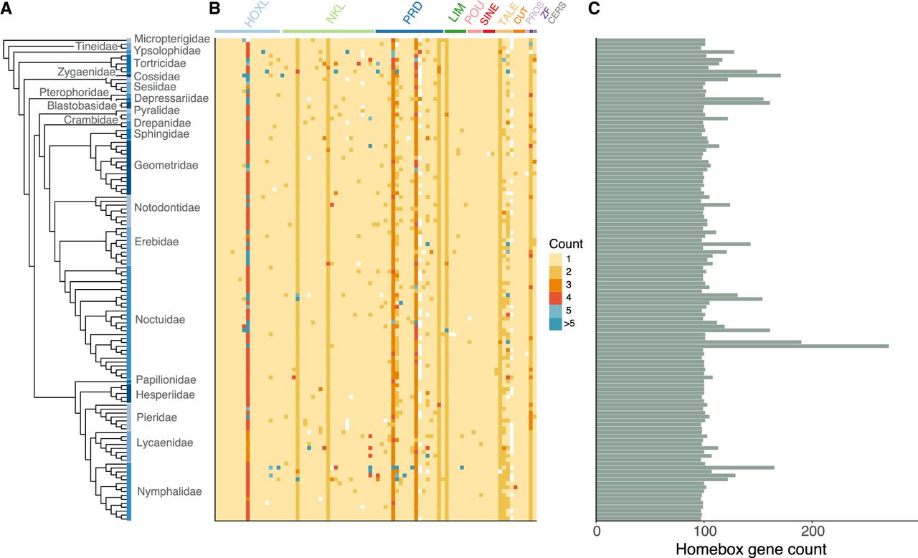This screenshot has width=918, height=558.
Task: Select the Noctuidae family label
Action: click(x=160, y=319)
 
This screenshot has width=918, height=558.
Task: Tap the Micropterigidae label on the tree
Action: click(x=171, y=38)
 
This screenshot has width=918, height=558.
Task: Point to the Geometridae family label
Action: click(x=166, y=165)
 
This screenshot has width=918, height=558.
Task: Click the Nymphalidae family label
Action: click(x=169, y=491)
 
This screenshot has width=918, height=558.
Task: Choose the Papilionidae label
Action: click(x=166, y=379)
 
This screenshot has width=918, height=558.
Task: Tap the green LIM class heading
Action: click(x=455, y=16)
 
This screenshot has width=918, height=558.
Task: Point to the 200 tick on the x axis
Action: click(x=812, y=532)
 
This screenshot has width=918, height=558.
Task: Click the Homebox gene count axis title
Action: click(x=752, y=549)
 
